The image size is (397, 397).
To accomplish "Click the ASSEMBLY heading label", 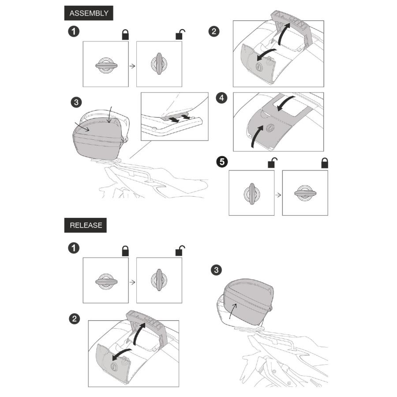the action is click(89, 13).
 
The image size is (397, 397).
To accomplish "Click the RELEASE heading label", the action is click(86, 225).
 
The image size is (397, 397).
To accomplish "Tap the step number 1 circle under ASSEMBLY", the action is click(74, 32).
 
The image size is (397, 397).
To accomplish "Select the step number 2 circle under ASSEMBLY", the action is click(214, 32).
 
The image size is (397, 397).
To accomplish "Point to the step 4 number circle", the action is click(221, 98).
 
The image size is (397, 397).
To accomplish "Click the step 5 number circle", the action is click(222, 162).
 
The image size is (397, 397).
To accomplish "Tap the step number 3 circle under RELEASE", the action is click(216, 270).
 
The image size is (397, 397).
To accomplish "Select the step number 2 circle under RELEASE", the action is click(75, 319).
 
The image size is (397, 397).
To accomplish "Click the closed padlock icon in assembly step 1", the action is click(125, 35).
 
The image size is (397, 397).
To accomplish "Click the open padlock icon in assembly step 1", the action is click(180, 35).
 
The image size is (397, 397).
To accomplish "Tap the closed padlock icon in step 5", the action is click(325, 163).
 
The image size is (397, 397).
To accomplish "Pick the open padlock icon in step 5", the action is click(273, 163).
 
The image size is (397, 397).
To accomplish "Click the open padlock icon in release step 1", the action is click(180, 251).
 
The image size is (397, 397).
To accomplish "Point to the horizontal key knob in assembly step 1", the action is click(106, 65).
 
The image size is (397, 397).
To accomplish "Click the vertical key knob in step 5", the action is click(252, 194).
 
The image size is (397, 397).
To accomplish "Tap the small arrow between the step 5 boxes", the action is click(278, 195).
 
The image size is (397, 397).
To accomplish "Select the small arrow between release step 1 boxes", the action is click(132, 282).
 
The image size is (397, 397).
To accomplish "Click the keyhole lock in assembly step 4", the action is click(269, 127).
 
